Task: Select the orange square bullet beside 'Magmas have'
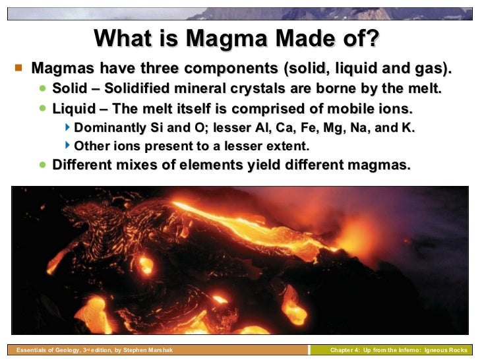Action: pos(18,67)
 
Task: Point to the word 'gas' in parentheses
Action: pos(433,68)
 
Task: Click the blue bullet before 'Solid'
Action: pos(43,87)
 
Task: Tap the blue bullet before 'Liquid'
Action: pos(43,107)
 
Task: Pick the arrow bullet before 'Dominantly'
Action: pos(68,127)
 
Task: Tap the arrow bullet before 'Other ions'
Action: pos(68,146)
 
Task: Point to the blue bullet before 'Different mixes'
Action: pos(43,165)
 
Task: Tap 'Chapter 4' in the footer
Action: pos(345,350)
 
